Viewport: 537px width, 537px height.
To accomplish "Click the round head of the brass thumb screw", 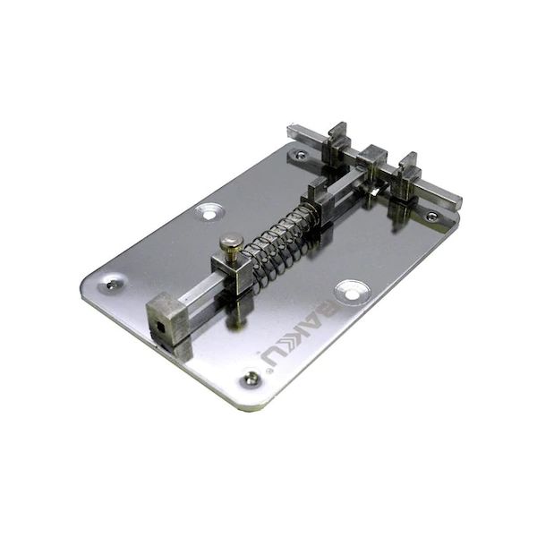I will point(232,241).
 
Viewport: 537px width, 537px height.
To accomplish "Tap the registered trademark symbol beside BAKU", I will point(261,356).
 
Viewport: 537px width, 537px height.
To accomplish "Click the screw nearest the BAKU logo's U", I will point(251,379).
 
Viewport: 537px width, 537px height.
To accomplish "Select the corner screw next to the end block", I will point(111,285).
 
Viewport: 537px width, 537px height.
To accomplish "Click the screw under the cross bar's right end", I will point(431,216).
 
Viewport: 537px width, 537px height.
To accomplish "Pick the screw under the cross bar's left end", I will point(301,155).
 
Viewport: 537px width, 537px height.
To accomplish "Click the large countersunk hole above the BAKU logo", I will point(351,291).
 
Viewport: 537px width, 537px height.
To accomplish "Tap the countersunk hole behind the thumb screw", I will point(209,212).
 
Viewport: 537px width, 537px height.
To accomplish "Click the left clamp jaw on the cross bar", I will point(337,143).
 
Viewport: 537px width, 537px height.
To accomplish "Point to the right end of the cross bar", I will point(447,196).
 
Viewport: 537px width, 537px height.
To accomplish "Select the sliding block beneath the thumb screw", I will point(232,273).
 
